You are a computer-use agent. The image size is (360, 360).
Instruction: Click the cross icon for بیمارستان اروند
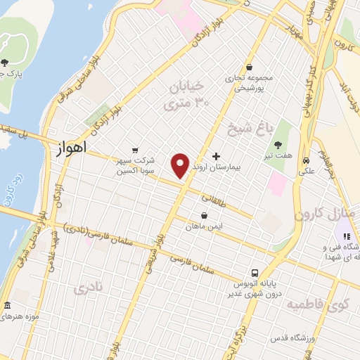tap(215, 155)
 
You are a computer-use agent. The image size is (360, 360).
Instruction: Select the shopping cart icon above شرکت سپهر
tap(136, 150)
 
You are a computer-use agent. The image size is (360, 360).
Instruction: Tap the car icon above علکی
tap(307, 160)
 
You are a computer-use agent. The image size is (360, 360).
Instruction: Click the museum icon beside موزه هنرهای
tap(7, 307)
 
